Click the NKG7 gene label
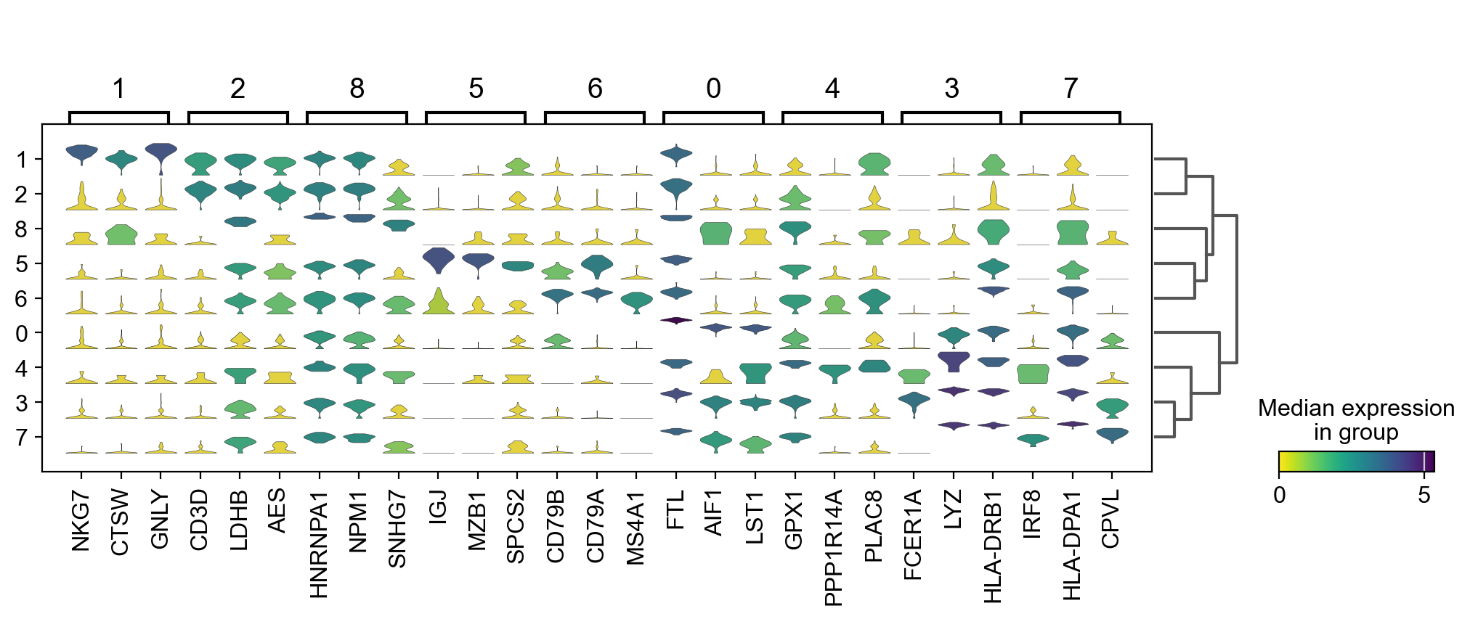pyautogui.click(x=81, y=520)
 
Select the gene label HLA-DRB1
pyautogui.click(x=992, y=546)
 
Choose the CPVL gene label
pyautogui.click(x=1110, y=518)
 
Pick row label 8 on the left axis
pyautogui.click(x=23, y=229)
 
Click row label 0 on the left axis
pyautogui.click(x=23, y=334)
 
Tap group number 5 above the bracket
pyautogui.click(x=476, y=89)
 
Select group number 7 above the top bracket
pyautogui.click(x=1071, y=89)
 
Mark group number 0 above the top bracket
pyautogui.click(x=713, y=89)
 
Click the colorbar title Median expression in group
pyautogui.click(x=1356, y=420)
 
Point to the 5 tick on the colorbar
pyautogui.click(x=1424, y=496)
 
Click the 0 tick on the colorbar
pyautogui.click(x=1280, y=496)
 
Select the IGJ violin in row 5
pyautogui.click(x=438, y=258)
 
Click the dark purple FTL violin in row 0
pyautogui.click(x=676, y=320)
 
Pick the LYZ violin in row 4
pyautogui.click(x=954, y=360)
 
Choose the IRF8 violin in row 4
pyautogui.click(x=1032, y=374)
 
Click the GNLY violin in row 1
pyautogui.click(x=161, y=152)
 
